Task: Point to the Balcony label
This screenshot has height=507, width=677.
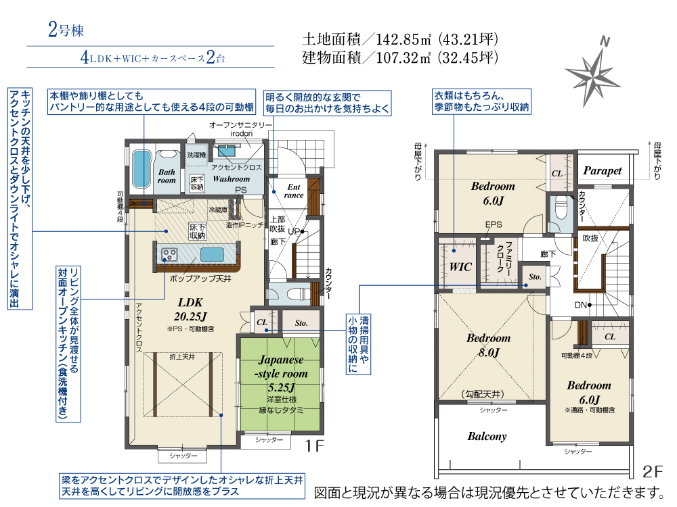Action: [x=487, y=437]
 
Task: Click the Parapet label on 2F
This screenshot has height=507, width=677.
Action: [x=602, y=171]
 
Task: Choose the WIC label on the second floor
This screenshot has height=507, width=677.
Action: [x=460, y=267]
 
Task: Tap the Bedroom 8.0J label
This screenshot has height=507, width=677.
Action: [x=488, y=345]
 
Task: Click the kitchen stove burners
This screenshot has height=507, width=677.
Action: [x=169, y=254]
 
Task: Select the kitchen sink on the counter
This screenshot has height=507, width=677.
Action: [x=211, y=254]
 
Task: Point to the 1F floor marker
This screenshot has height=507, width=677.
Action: [x=315, y=445]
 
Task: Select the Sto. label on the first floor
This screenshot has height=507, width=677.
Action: [x=301, y=323]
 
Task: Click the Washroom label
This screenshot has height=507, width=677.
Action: [x=231, y=179]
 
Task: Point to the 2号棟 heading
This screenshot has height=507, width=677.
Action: [x=66, y=30]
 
